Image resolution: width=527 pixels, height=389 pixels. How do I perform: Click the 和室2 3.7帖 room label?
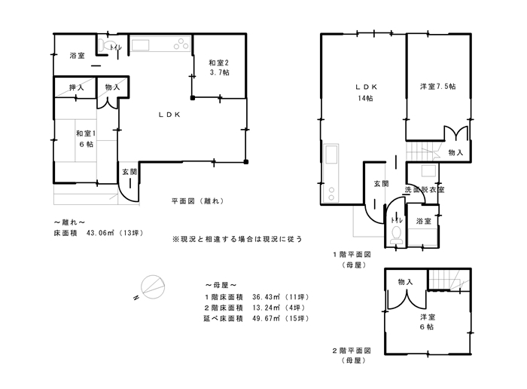pos(219,67)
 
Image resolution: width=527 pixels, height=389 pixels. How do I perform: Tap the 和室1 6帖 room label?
pos(86,139)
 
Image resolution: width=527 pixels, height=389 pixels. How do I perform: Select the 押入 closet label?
pos(76,88)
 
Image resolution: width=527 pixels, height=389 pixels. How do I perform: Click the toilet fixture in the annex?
pos(107,45)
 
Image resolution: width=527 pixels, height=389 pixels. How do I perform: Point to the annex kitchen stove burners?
pos(181,44)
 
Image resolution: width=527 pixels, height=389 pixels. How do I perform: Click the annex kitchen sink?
pos(140,45)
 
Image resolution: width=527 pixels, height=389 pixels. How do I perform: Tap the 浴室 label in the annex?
pos(77,56)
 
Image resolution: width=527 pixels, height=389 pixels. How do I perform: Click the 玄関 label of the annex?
pos(129,172)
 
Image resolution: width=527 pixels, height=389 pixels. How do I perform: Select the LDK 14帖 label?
pos(366,93)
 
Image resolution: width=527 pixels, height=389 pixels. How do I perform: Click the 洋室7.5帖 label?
pos(437,87)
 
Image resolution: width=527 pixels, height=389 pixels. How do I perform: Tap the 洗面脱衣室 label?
pos(424,189)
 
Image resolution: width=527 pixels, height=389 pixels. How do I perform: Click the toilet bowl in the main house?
pos(397,235)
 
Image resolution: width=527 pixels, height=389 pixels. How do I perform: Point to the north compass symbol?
pos(153,287)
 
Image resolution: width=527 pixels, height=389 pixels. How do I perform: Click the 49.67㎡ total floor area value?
pos(267,318)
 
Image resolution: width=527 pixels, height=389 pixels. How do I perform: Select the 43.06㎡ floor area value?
pos(100,232)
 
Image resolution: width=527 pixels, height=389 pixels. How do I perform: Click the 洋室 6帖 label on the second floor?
pos(427,322)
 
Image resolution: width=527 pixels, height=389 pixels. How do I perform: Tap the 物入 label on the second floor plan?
pos(405,282)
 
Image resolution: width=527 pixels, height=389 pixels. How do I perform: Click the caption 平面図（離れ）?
pos(197,201)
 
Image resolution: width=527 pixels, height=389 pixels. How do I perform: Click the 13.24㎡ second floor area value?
pos(267,308)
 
